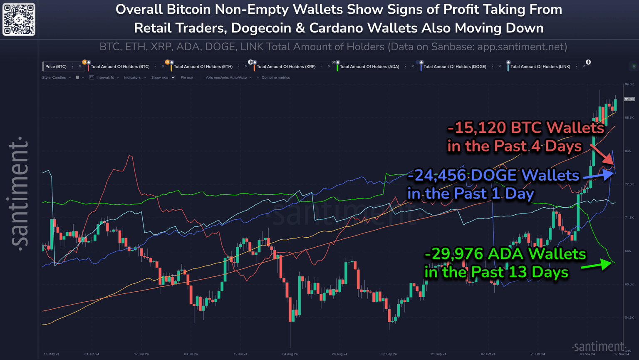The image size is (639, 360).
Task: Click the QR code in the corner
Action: point(19,19)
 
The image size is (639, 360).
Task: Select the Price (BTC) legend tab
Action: point(56,67)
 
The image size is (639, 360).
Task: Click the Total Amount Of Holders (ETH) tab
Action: point(203,67)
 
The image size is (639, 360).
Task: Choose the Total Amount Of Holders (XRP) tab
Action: point(286,67)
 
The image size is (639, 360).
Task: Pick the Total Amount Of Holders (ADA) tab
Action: point(369,67)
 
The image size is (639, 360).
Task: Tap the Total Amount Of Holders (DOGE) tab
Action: point(455,67)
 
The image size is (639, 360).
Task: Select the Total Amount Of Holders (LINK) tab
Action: point(540,67)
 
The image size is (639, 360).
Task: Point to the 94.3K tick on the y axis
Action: point(629,84)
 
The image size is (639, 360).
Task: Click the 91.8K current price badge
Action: point(629,99)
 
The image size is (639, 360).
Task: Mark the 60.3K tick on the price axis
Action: point(629,284)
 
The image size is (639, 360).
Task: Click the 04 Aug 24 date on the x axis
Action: point(290,354)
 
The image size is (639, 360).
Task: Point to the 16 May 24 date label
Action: point(52,354)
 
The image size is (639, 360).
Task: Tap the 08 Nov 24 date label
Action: point(587,354)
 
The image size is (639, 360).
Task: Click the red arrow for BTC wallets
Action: point(602,154)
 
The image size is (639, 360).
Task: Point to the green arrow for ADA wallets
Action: point(596,265)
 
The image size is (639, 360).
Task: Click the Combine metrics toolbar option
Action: point(275,77)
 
